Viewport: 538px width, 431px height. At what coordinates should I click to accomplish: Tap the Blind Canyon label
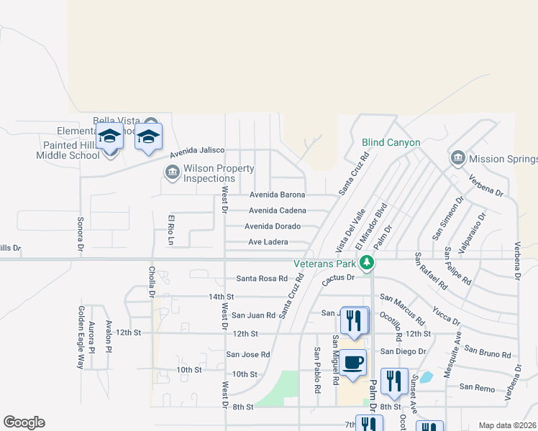point(391,143)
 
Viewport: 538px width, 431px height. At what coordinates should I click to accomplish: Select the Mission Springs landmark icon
point(457,158)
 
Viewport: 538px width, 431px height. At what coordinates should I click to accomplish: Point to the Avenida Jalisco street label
point(197,153)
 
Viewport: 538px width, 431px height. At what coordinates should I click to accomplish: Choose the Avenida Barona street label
point(277,195)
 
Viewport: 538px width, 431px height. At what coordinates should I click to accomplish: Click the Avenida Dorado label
point(272,226)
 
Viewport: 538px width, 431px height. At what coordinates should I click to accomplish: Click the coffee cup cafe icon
point(352,362)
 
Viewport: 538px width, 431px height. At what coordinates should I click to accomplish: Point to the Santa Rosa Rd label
point(262,279)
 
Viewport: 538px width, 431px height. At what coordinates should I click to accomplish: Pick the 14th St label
point(221,297)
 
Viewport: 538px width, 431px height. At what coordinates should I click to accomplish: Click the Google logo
point(24,422)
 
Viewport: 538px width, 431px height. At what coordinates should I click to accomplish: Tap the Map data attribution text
point(507,425)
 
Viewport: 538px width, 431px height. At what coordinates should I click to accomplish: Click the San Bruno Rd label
point(488,352)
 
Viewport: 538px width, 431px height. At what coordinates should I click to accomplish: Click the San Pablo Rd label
point(316,370)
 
